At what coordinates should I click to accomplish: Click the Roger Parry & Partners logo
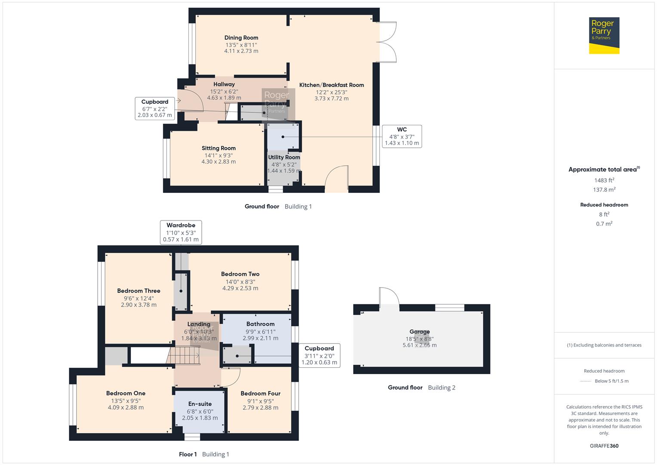[604, 35]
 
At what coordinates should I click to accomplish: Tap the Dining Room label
[241, 38]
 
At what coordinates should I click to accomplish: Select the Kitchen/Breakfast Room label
[331, 85]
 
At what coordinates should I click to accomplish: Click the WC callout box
[401, 136]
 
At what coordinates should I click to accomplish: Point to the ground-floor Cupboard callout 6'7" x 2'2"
[154, 108]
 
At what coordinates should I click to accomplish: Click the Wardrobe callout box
[181, 232]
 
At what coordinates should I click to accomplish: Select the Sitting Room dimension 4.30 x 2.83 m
[219, 162]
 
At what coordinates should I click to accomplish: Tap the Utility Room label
[284, 158]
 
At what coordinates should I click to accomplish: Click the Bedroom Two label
[240, 274]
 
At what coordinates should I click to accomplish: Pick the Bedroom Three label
[139, 291]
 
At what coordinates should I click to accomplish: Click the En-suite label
[200, 404]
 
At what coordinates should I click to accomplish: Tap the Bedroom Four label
[260, 394]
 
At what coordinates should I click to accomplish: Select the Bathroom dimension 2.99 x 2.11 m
[260, 338]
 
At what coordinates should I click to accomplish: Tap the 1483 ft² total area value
[604, 180]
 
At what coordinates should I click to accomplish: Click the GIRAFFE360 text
[604, 446]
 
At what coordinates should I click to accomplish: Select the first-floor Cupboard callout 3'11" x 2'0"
[319, 355]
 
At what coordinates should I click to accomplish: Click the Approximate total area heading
[604, 170]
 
